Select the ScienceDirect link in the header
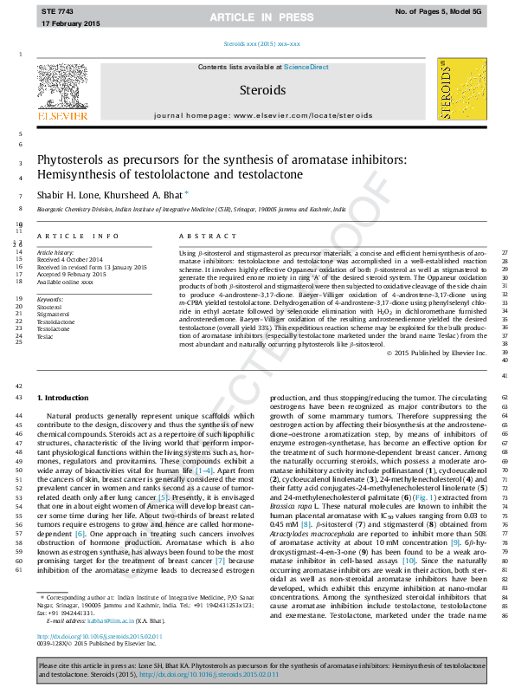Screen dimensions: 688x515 tap(306, 67)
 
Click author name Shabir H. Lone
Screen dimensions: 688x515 tap(68, 196)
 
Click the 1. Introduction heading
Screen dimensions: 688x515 tap(62, 397)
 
